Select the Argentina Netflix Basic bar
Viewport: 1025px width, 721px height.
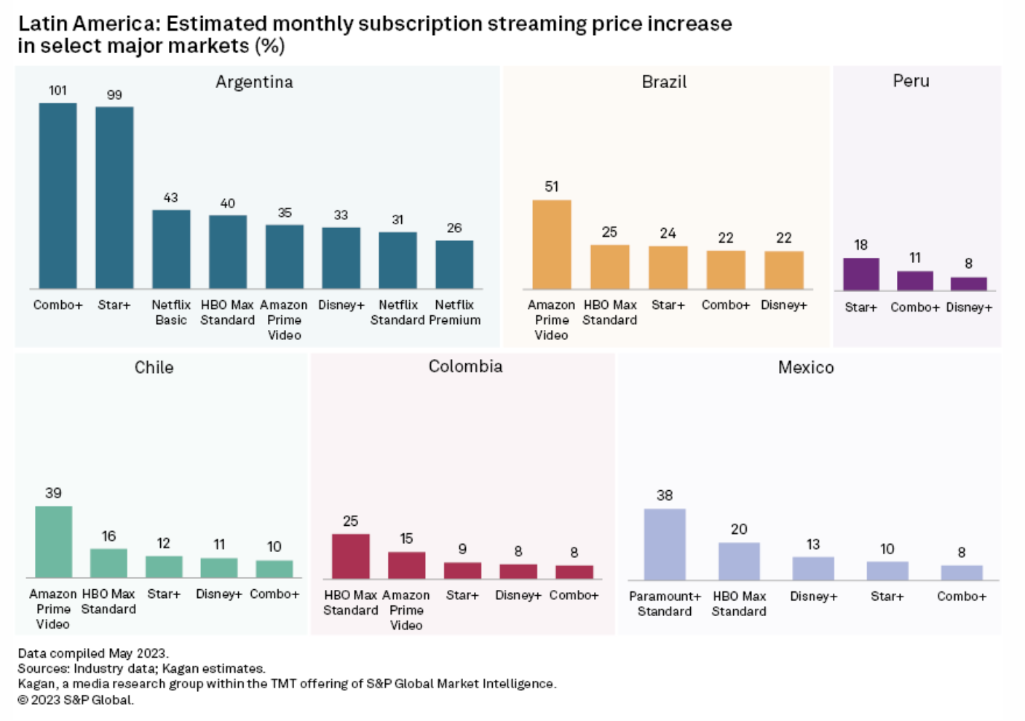pos(171,249)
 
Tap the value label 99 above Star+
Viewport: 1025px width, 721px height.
pos(114,95)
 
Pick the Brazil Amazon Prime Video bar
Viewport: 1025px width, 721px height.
pos(551,244)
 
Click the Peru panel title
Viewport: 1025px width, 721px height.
pos(911,81)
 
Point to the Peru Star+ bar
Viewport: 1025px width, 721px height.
pos(860,274)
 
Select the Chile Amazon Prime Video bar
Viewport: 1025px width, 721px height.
pos(53,541)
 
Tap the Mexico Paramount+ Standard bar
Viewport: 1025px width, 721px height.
pos(664,544)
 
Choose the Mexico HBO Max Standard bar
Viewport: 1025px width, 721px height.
pos(738,561)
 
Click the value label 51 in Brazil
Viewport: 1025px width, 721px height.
pos(551,186)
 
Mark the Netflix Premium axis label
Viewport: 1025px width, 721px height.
pos(454,312)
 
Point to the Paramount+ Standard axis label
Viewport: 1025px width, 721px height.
pos(664,604)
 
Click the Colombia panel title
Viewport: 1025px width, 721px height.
pos(465,366)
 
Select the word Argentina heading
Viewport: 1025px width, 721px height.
pos(254,82)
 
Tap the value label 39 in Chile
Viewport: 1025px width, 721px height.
pos(53,493)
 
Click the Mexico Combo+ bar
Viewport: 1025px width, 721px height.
pos(961,572)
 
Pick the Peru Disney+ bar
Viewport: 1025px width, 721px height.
pos(968,283)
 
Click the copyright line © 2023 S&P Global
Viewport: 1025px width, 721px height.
pos(76,700)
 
